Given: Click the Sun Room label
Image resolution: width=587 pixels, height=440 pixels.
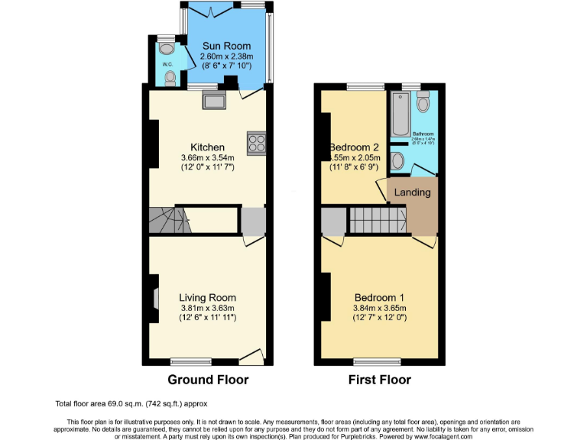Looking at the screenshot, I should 226,46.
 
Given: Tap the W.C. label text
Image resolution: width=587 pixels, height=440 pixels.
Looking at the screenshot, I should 167,63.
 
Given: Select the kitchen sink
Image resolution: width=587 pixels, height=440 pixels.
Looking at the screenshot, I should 212,100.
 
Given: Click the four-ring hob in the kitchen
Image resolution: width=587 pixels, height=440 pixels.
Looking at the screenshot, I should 255,143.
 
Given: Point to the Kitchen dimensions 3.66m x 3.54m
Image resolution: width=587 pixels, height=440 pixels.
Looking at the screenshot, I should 207,158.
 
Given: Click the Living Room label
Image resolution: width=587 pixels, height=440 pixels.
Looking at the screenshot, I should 207,297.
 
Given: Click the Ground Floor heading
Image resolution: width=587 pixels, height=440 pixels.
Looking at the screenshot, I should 208,380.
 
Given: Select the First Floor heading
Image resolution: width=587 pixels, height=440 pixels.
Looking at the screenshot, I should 379,380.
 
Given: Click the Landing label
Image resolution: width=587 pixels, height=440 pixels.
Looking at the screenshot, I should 412,192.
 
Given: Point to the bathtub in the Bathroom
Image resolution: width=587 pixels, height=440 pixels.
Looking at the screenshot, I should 400,115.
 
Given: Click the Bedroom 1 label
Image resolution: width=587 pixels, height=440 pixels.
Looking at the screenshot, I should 379,297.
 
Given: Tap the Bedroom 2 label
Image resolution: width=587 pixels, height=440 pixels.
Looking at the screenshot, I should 355,147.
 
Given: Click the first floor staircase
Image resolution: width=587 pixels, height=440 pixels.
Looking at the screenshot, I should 377,221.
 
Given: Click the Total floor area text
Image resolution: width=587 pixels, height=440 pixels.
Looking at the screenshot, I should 131,403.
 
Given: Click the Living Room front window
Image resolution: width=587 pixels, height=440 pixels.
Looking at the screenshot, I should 190,361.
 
